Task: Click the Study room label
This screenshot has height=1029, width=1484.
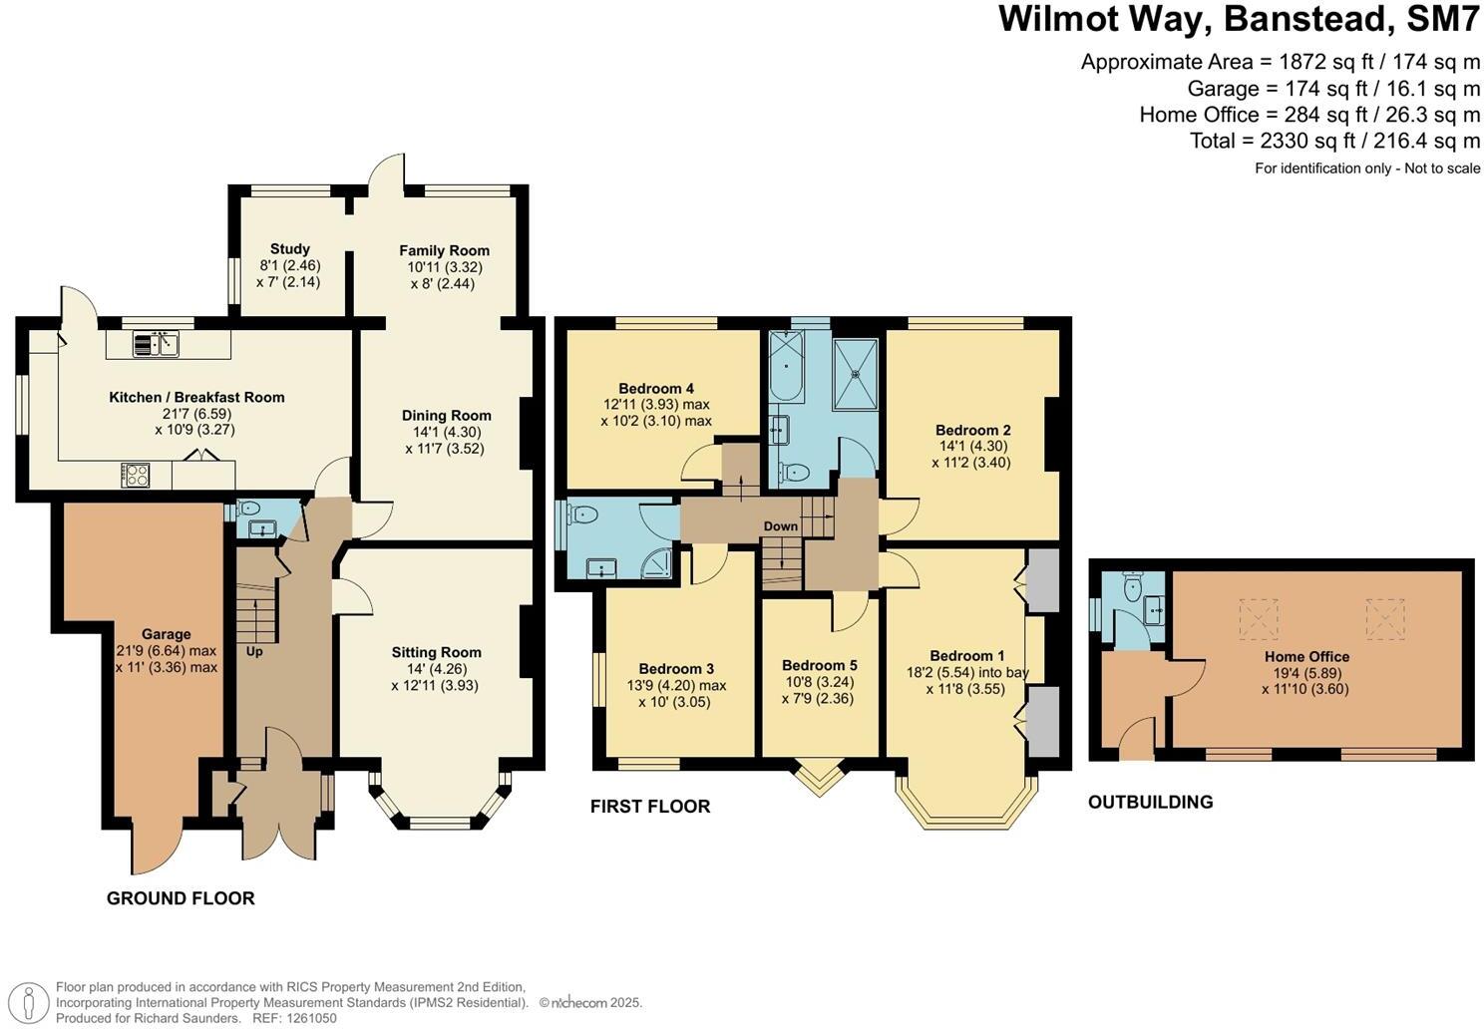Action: [x=289, y=249]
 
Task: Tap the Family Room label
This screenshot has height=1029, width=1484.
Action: [x=444, y=250]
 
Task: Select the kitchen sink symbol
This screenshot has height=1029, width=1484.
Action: [x=156, y=344]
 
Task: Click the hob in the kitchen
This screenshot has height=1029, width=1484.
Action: [x=136, y=474]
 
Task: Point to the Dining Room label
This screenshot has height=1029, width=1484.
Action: [x=447, y=415]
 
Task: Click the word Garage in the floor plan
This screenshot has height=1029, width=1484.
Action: [x=166, y=634]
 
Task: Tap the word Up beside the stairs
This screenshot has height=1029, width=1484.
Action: [x=254, y=651]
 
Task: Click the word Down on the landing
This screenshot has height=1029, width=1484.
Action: [x=781, y=526]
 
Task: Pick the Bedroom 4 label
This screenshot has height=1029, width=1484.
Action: [x=656, y=389]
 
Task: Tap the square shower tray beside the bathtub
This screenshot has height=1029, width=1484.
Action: [x=856, y=373]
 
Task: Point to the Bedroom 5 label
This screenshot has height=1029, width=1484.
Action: [x=820, y=665]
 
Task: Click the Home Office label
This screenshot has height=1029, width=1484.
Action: [x=1306, y=656]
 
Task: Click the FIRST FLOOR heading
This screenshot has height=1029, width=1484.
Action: [x=650, y=807]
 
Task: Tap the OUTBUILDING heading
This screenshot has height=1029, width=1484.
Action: [x=1151, y=802]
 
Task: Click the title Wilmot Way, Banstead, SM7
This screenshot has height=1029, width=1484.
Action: [x=1239, y=19]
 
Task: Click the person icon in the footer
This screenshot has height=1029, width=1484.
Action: [x=27, y=1003]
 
